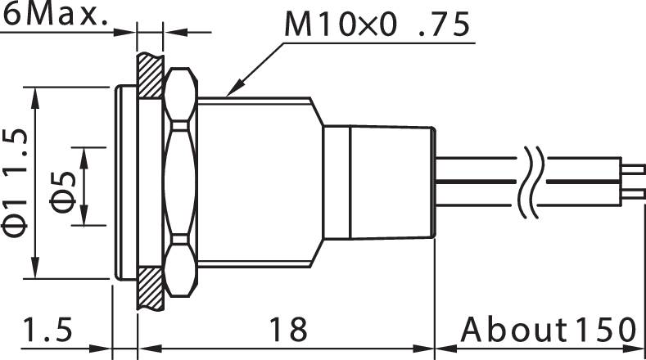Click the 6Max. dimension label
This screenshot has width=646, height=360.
point(56,16)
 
